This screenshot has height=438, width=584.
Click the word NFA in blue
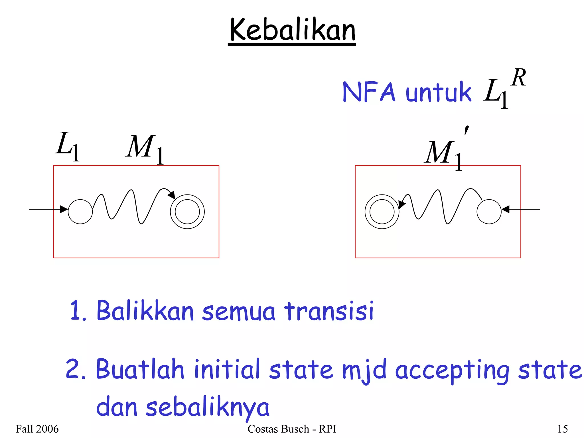[x=369, y=92]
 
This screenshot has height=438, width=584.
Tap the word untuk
[x=438, y=92]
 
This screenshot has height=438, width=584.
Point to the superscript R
[x=518, y=78]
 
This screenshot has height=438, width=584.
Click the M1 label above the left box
[x=145, y=148]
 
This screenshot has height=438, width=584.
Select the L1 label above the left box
[x=67, y=146]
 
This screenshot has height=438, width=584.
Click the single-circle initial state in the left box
[x=80, y=212]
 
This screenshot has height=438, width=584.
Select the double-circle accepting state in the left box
[x=187, y=212]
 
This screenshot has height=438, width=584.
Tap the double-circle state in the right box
[x=382, y=212]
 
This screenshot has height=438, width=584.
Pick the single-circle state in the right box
[x=489, y=212]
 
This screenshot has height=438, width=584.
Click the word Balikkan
[x=145, y=311]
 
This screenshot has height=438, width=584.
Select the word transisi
[x=329, y=311]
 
